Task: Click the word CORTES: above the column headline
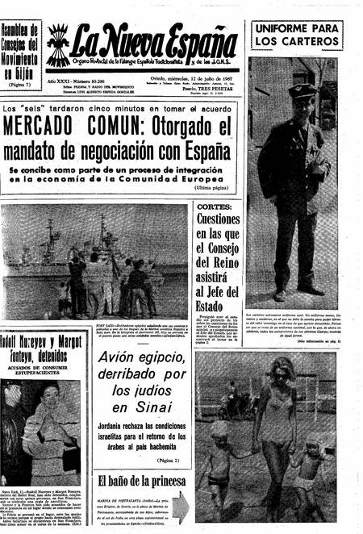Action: click(x=215, y=207)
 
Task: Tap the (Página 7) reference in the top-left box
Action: click(x=22, y=83)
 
